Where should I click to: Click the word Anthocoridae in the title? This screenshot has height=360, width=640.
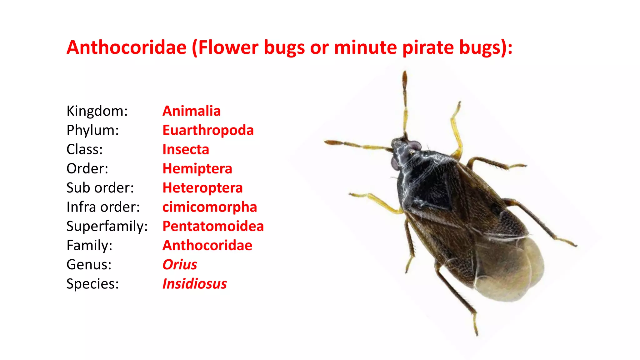click(x=127, y=47)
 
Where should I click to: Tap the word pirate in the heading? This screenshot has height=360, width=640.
click(x=428, y=47)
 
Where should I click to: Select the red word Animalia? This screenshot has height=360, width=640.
click(x=192, y=111)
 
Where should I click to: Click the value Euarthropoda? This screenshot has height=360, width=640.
click(x=208, y=130)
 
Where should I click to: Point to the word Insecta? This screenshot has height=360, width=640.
click(x=186, y=149)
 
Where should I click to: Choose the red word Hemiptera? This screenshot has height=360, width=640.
click(x=197, y=169)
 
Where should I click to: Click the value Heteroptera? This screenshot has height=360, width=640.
click(x=202, y=188)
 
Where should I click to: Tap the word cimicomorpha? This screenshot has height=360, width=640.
click(x=210, y=207)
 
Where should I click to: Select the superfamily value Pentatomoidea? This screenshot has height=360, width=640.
click(x=213, y=226)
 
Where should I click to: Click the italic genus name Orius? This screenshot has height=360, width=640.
click(x=180, y=265)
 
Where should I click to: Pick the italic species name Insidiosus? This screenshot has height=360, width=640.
click(x=194, y=284)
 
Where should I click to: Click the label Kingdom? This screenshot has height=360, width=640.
click(x=97, y=111)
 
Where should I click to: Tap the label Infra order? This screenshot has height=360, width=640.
click(x=103, y=207)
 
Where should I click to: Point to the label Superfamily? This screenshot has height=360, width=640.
click(x=107, y=226)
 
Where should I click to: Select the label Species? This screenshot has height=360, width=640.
click(x=92, y=284)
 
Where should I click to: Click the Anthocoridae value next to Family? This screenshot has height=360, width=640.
click(x=207, y=246)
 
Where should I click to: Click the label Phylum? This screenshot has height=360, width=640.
click(x=92, y=130)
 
